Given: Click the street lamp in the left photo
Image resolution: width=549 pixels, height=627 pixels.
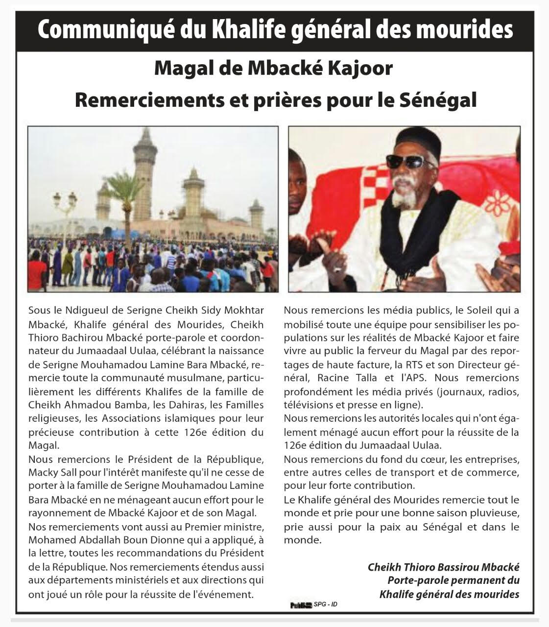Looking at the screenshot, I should [x=65, y=206].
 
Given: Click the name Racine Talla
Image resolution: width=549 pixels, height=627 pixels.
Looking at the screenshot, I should [x=355, y=378].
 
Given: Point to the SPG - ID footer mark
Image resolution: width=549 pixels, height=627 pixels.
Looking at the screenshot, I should [x=326, y=604].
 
